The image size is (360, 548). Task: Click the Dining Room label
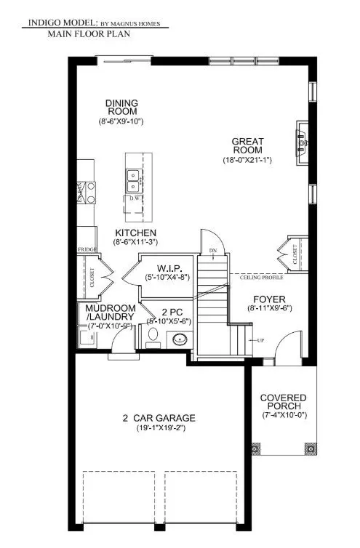click(122, 108)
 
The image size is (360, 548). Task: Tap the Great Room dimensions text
click(247, 159)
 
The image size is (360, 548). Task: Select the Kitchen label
click(129, 233)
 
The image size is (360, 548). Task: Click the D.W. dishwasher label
click(135, 198)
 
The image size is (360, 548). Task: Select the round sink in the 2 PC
click(179, 339)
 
